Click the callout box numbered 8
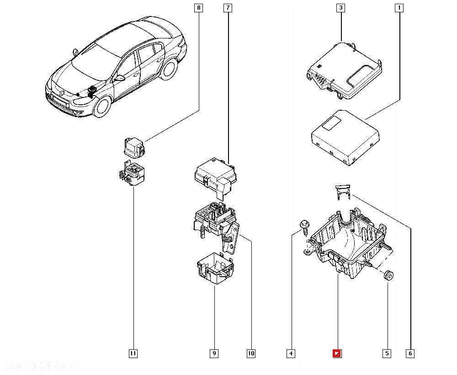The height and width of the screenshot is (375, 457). (x=198, y=8)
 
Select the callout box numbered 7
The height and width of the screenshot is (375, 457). (x=228, y=8)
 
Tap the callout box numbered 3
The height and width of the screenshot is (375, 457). (x=340, y=8)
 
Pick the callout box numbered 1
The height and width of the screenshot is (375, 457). (x=399, y=8)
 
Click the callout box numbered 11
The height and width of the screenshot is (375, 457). (x=133, y=353)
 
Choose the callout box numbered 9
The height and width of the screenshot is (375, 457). (x=214, y=353)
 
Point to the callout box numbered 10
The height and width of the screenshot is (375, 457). (x=250, y=353)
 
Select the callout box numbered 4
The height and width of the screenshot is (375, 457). (x=291, y=353)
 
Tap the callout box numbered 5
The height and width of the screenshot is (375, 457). (x=387, y=353)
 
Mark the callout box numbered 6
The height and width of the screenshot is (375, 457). (x=410, y=353)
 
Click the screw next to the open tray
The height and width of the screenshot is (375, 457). (x=304, y=226)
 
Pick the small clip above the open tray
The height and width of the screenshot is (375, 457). (x=342, y=193)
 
